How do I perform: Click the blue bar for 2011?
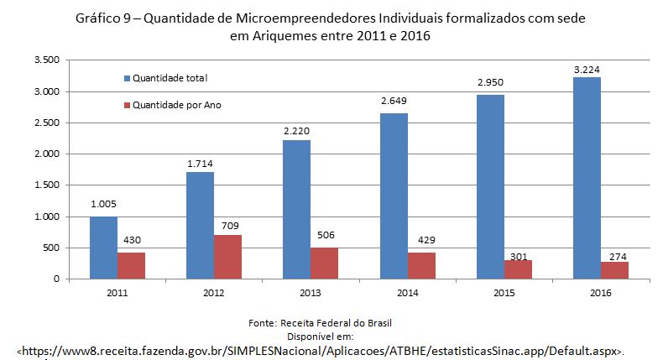point(103,248)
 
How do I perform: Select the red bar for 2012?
point(227,257)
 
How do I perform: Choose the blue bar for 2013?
point(296,209)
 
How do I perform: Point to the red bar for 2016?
point(614,270)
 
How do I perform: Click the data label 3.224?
point(587,70)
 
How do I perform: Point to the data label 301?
point(519,256)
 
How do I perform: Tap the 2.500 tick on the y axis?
point(47,123)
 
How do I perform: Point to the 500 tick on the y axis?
point(53,248)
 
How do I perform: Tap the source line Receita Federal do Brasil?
point(333,322)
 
